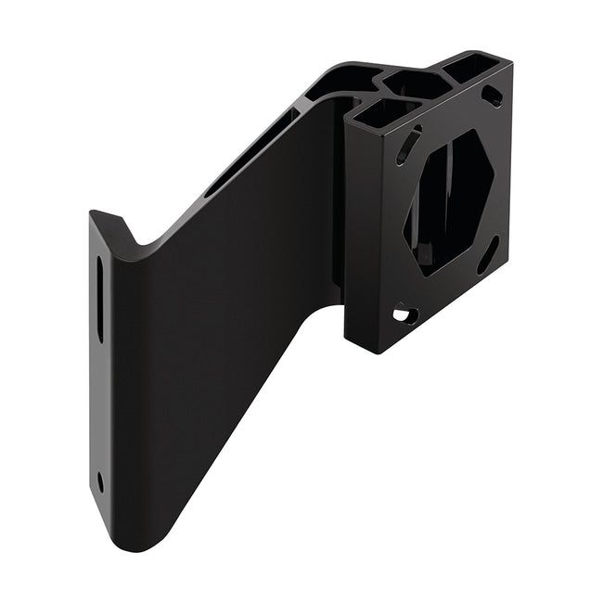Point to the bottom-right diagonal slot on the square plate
click(x=488, y=254)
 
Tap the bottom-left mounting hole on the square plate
click(x=402, y=315)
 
